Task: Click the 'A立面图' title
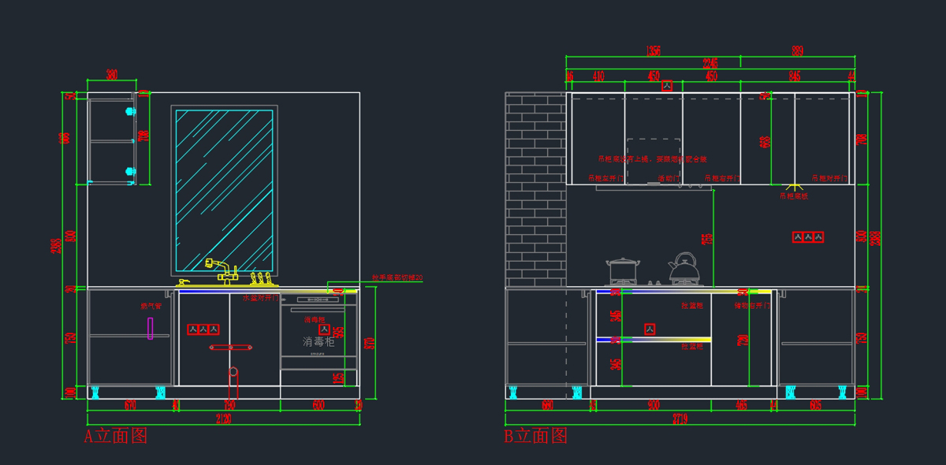(x=116, y=436)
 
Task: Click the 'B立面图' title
(x=536, y=436)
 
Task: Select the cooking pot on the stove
(x=622, y=270)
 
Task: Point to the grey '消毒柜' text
(x=319, y=342)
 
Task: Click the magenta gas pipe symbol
(x=150, y=329)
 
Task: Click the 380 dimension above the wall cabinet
(x=112, y=75)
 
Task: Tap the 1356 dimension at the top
(x=654, y=50)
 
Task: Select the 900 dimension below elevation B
(x=654, y=405)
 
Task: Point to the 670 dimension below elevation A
(x=130, y=405)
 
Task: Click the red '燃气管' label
(x=151, y=306)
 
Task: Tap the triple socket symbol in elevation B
(x=808, y=236)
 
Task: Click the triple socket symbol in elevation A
(x=203, y=329)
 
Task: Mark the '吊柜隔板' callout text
(x=794, y=196)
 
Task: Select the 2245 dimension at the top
(x=710, y=64)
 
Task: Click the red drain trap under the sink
(x=233, y=382)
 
